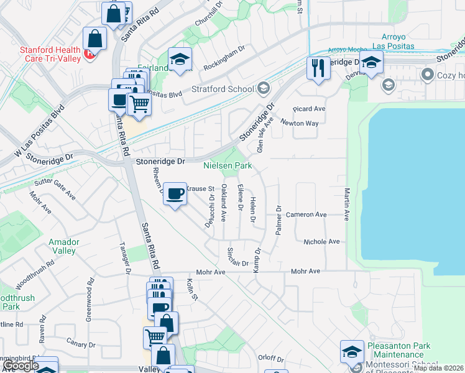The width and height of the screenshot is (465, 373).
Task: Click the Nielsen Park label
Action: pyautogui.click(x=228, y=166)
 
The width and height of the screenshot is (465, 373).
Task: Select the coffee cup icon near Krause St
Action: pyautogui.click(x=175, y=194)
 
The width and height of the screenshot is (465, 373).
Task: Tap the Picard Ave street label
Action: pyautogui.click(x=311, y=108)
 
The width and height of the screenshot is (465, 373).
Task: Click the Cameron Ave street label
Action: pyautogui.click(x=306, y=214)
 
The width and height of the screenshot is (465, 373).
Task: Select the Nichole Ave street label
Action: pyautogui.click(x=321, y=241)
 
